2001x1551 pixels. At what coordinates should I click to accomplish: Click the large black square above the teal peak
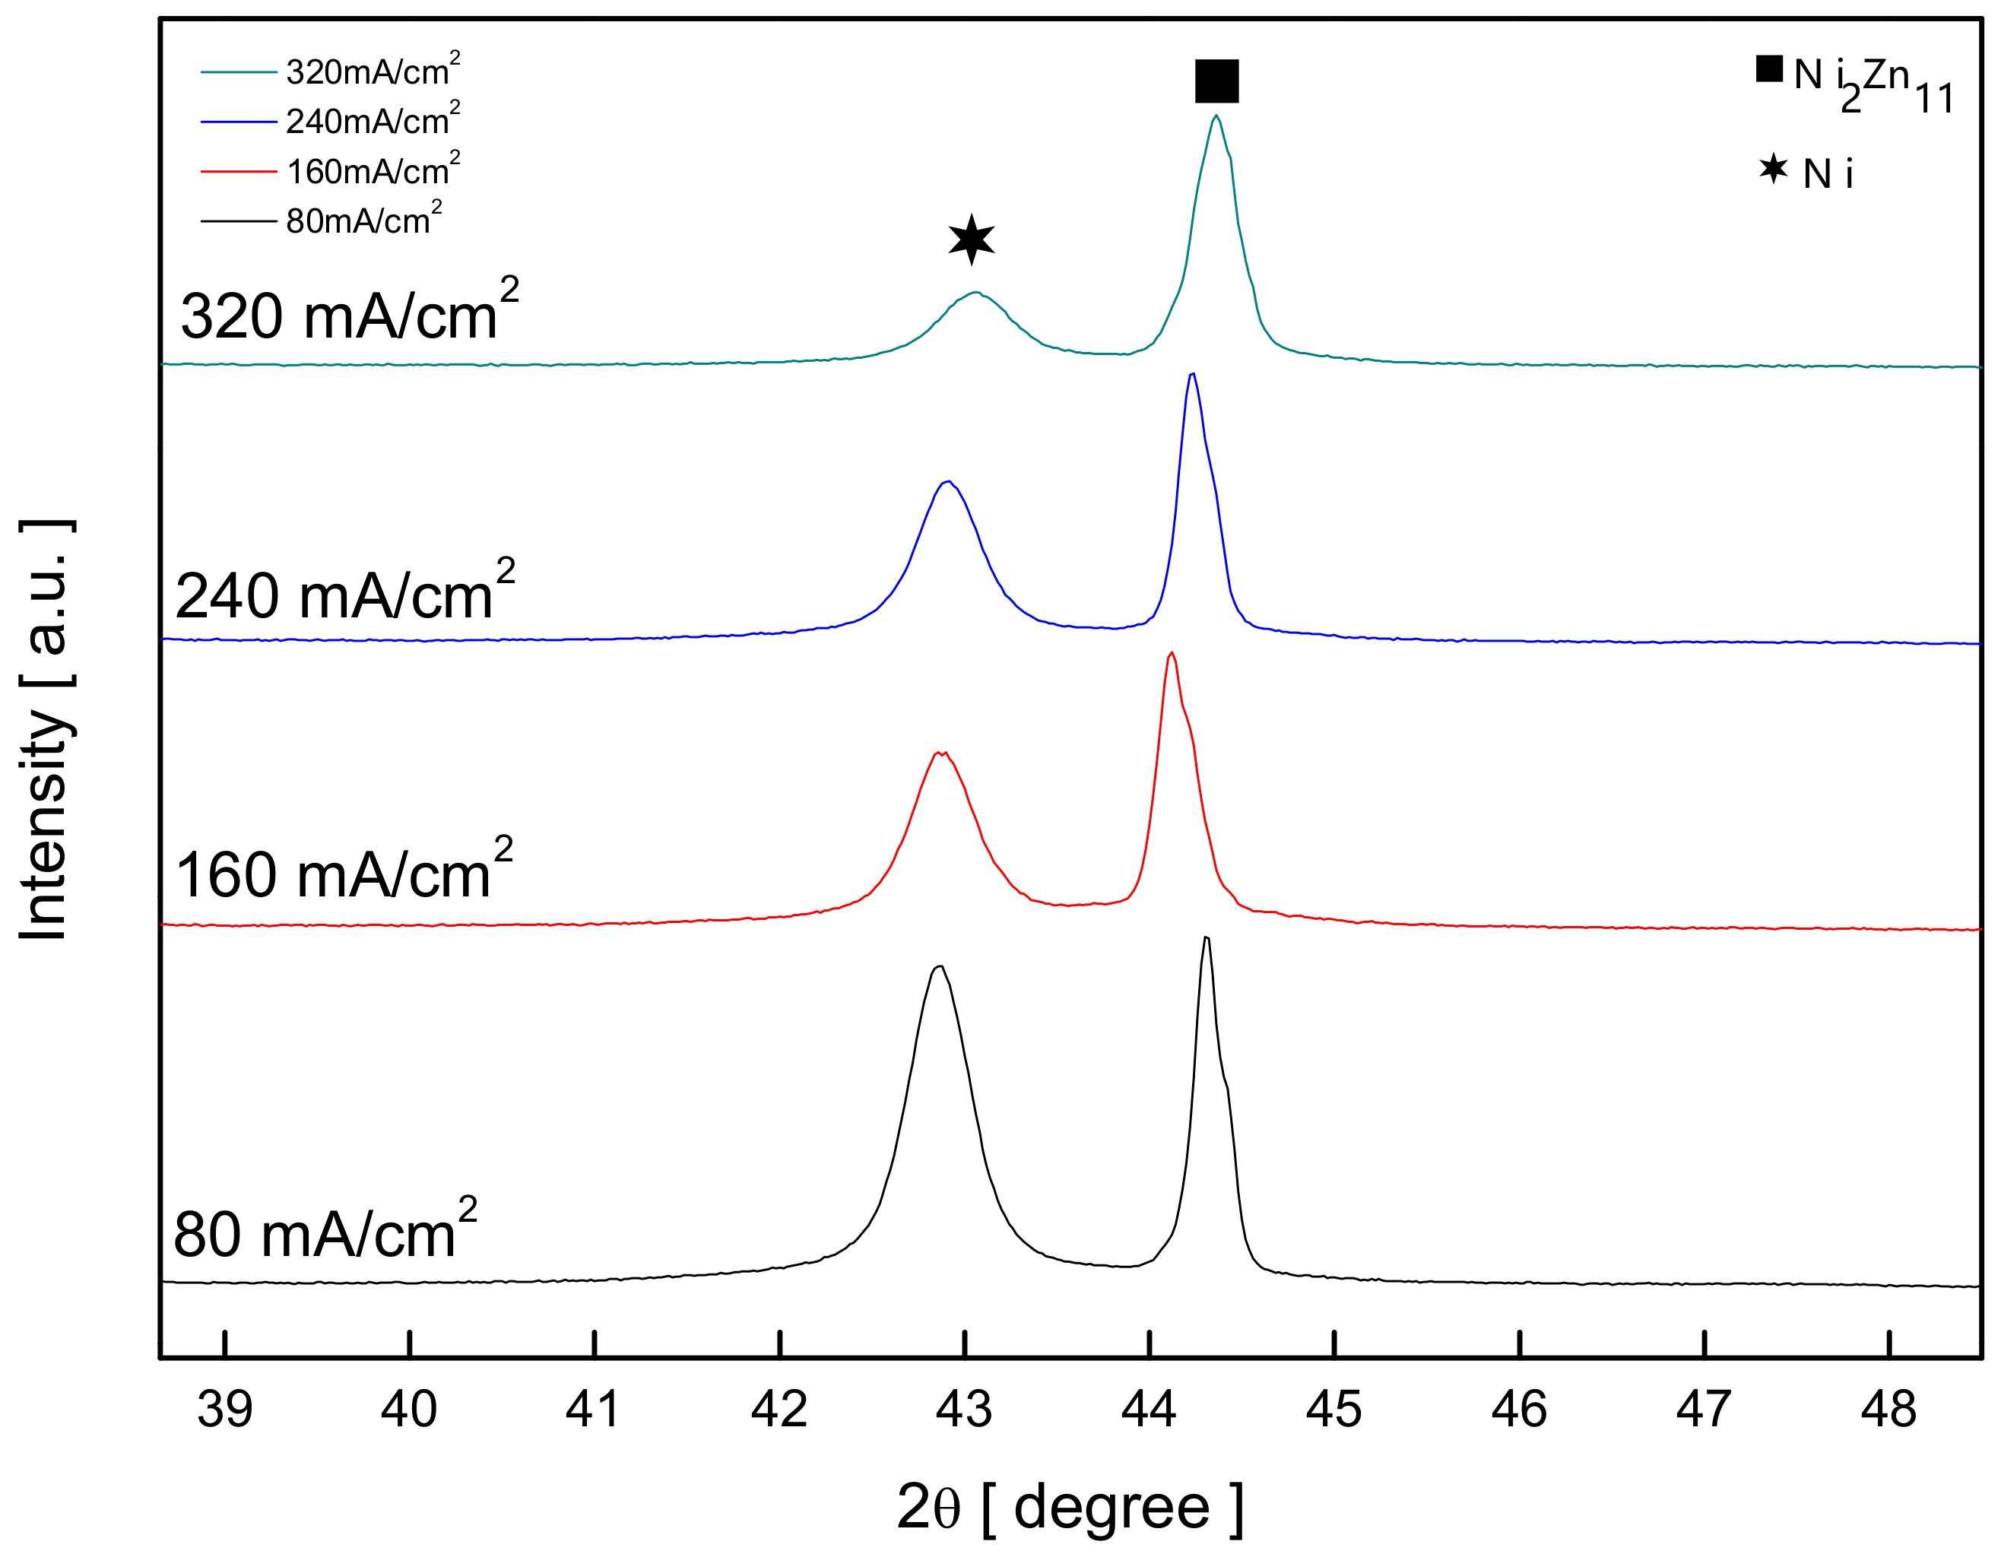click(1216, 81)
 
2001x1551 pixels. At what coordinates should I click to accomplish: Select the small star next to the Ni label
click(1773, 169)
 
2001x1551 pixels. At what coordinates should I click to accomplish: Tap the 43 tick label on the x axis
click(964, 1408)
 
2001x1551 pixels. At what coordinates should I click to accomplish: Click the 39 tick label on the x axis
click(224, 1408)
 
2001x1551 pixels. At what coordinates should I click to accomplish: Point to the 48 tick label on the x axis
click(1888, 1408)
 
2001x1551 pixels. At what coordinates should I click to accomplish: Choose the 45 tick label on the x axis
click(1334, 1408)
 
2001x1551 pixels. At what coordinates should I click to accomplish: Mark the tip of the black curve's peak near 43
click(939, 966)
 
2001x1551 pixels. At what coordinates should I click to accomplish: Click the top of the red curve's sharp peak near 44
click(1172, 653)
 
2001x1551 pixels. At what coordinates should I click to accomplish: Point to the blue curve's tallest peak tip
click(1192, 374)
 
